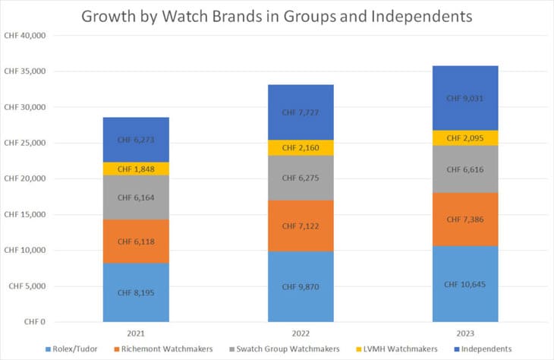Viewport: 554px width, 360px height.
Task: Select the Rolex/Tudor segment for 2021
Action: [x=136, y=292]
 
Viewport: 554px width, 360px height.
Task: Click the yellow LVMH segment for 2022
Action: [x=301, y=147]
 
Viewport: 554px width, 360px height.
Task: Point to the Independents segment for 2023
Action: [x=465, y=98]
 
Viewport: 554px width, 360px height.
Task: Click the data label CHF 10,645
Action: [x=465, y=284]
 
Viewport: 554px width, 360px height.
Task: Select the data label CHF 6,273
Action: [x=136, y=140]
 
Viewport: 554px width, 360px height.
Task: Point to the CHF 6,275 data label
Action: [x=301, y=178]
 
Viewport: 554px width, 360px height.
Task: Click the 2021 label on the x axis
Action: [x=136, y=332]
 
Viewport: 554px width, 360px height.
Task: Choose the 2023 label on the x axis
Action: [x=465, y=332]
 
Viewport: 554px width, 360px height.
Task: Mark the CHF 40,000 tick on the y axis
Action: [x=25, y=36]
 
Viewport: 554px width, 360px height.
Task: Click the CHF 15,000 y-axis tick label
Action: [x=25, y=215]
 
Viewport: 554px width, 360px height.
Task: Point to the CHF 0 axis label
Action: [x=34, y=322]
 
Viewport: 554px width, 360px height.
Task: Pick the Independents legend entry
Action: [x=486, y=348]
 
